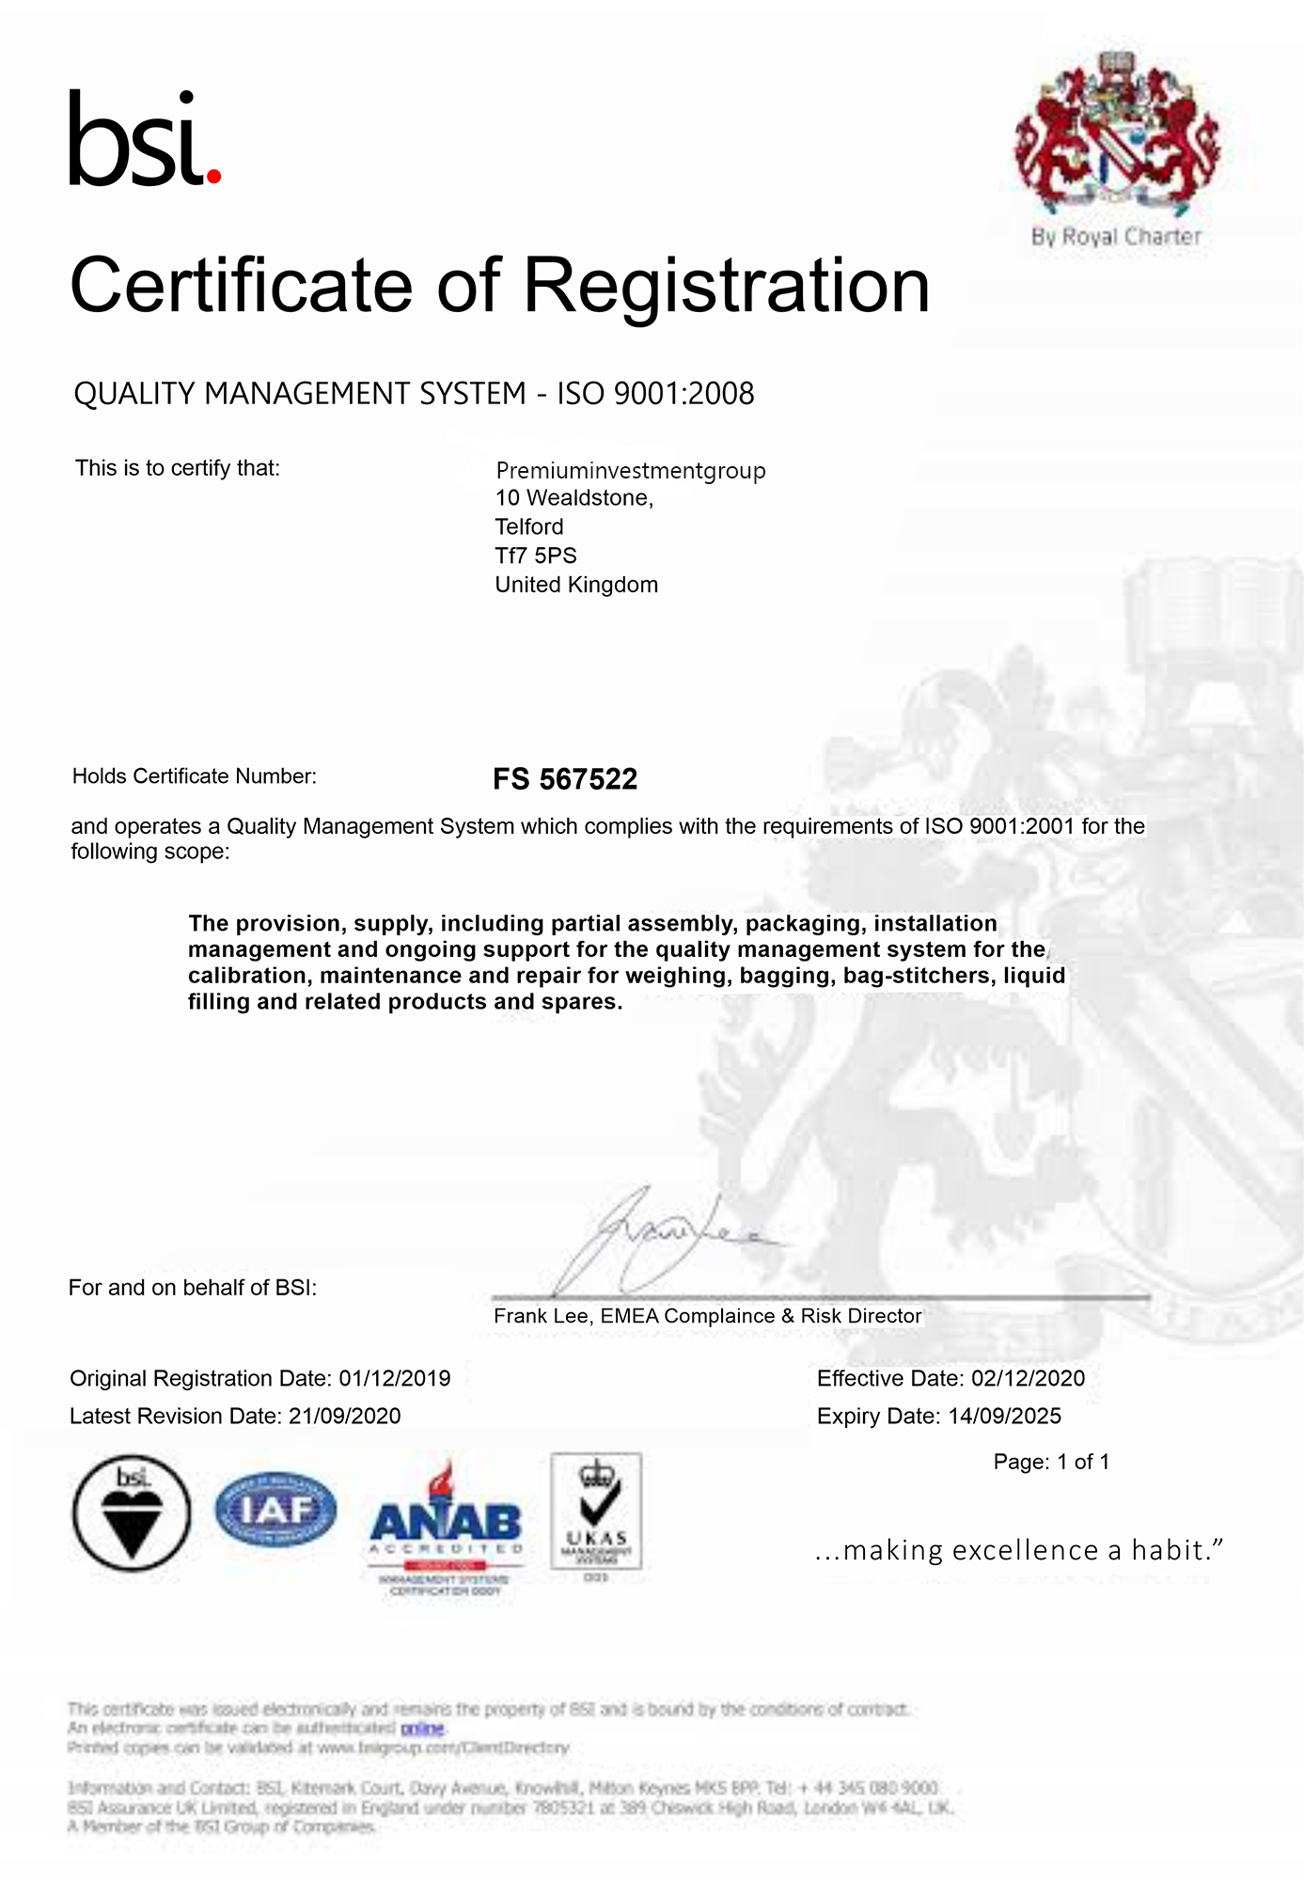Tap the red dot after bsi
(x=213, y=175)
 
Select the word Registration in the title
(x=726, y=286)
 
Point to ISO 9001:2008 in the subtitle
(x=655, y=394)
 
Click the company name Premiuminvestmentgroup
(x=630, y=470)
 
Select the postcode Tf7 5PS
(x=536, y=556)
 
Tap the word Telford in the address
(x=529, y=526)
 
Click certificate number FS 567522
(x=565, y=778)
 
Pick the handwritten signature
(x=649, y=1241)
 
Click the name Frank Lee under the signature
(x=542, y=1316)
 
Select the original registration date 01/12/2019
(x=395, y=1378)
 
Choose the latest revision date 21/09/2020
(x=345, y=1416)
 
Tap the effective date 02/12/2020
(x=1028, y=1378)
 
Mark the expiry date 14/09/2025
(x=1005, y=1416)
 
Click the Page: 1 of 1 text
(x=1051, y=1462)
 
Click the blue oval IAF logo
(x=275, y=1509)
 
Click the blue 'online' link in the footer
(x=422, y=1728)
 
